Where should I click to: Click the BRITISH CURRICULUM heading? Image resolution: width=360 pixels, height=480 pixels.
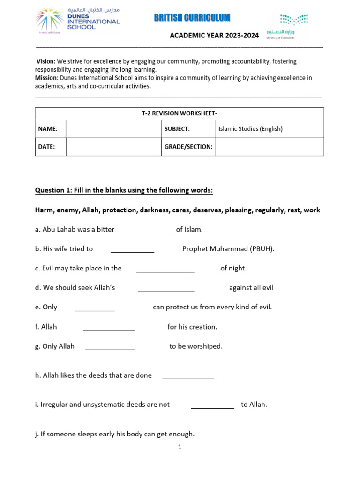pos(192,18)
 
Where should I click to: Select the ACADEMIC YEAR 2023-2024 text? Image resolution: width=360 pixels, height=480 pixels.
pos(214,35)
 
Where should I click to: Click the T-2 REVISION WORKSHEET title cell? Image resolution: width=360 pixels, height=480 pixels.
pos(180,113)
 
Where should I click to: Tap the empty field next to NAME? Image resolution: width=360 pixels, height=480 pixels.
pos(113,129)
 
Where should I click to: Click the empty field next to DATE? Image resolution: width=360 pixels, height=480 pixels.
pos(113,147)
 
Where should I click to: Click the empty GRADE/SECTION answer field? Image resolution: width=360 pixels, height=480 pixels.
pos(270,147)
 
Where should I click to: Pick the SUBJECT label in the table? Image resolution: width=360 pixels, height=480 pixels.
pos(177,129)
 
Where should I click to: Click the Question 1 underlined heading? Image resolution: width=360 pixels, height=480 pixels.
pos(124,190)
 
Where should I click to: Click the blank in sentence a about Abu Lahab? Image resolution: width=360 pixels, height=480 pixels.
pos(154,230)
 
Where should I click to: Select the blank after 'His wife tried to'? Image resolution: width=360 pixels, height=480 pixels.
pos(132,249)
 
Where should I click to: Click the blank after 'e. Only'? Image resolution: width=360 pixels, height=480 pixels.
pos(95,307)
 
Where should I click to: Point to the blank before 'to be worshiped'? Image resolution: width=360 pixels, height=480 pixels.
pos(110,347)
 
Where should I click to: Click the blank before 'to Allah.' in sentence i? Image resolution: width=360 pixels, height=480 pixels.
pos(212,405)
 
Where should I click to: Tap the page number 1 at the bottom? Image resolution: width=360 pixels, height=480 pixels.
pos(180,447)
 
